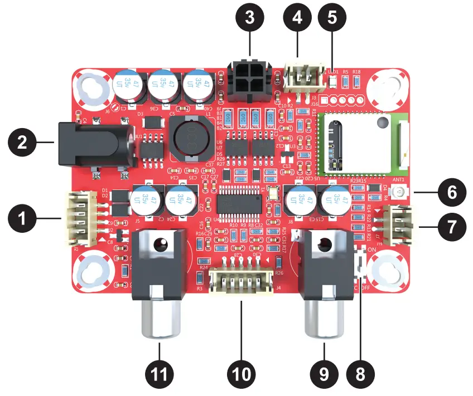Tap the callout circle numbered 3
coord(249,19)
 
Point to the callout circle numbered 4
coord(298,19)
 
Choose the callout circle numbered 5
coord(332,19)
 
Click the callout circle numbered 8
coord(360,374)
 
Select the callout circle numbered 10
coord(242,374)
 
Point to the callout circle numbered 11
coord(160,374)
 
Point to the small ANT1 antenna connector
coord(398,192)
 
